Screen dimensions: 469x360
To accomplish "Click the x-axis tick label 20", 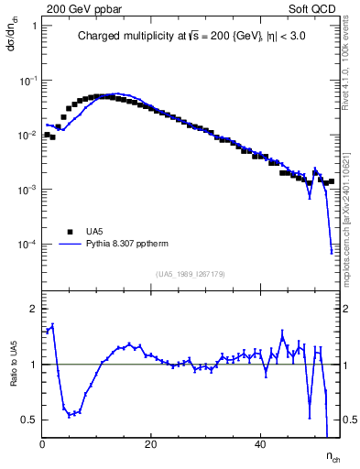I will [x=151, y=446].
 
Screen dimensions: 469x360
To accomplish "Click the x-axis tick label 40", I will [x=260, y=446].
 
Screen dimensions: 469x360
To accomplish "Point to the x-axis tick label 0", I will [x=43, y=446].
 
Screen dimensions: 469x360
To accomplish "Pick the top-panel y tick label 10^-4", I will [x=27, y=245].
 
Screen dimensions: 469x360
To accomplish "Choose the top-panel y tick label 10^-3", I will [x=27, y=191].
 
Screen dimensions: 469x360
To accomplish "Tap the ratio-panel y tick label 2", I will [x=33, y=310].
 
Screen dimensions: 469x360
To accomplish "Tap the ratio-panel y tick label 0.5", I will [x=29, y=420].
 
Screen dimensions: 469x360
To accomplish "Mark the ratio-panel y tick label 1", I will [x=33, y=365].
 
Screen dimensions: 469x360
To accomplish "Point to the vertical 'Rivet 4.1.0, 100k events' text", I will [x=351, y=69].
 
